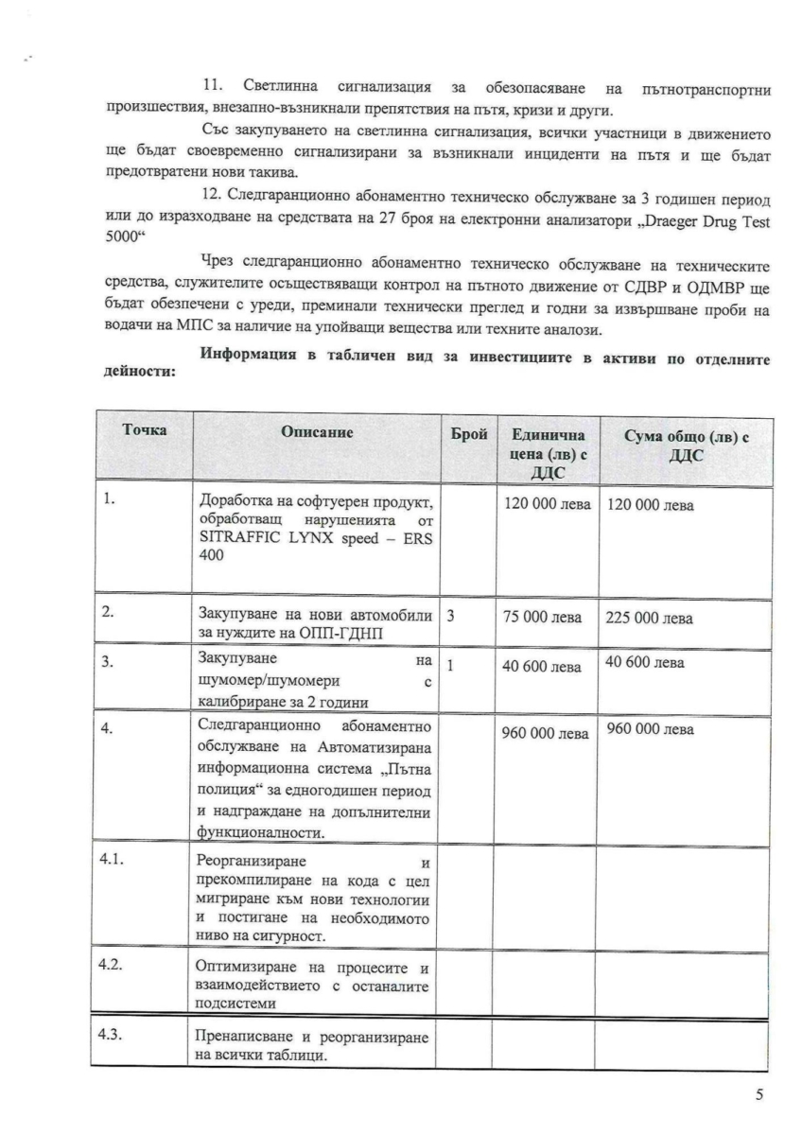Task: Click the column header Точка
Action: [x=145, y=430]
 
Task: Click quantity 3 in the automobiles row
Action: [x=450, y=615]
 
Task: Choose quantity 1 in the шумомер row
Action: [x=450, y=666]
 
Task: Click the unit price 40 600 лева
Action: [x=542, y=667]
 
